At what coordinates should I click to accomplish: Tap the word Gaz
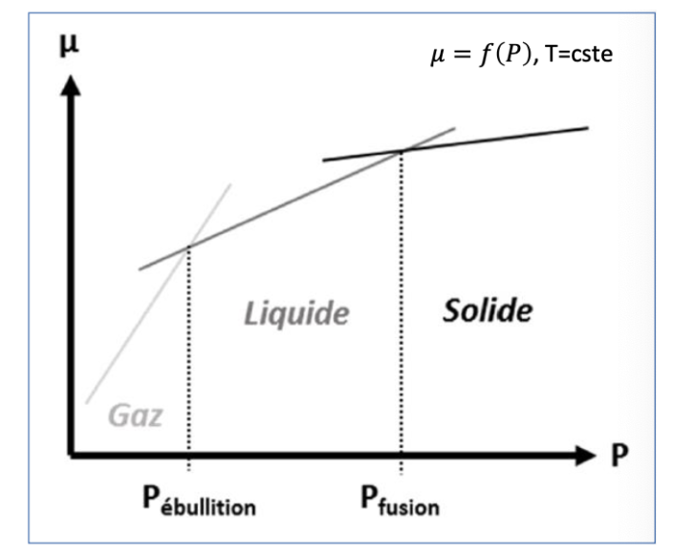(x=135, y=416)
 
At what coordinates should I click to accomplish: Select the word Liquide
(x=293, y=311)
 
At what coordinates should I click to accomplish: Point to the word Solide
(x=487, y=310)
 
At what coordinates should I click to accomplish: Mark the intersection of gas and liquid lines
(x=188, y=245)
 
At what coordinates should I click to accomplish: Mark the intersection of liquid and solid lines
(x=401, y=150)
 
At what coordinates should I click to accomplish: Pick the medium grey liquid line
(x=287, y=202)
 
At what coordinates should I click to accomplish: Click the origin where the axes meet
(x=71, y=455)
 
